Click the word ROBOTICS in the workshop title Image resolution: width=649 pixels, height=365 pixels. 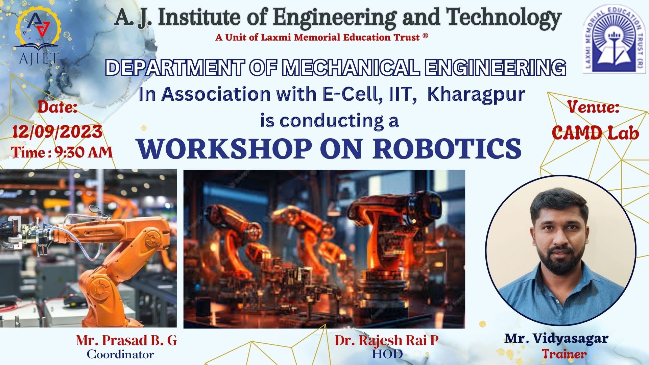tap(447, 149)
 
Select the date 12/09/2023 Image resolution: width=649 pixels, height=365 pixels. tap(57, 131)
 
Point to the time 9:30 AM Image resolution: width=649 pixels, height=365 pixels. tap(83, 152)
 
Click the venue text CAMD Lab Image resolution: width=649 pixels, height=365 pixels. tap(595, 132)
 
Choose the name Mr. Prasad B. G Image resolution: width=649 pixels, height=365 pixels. tap(126, 340)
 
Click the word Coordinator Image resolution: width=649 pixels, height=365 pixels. tap(120, 355)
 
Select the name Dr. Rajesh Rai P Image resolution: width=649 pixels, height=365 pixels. tap(387, 341)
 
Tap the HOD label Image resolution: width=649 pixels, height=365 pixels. tap(387, 354)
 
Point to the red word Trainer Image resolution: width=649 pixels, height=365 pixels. tap(564, 354)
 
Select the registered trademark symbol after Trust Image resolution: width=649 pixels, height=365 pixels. tap(425, 35)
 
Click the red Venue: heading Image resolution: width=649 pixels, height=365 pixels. tap(593, 107)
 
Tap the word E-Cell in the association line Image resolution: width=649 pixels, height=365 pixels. tap(353, 94)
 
